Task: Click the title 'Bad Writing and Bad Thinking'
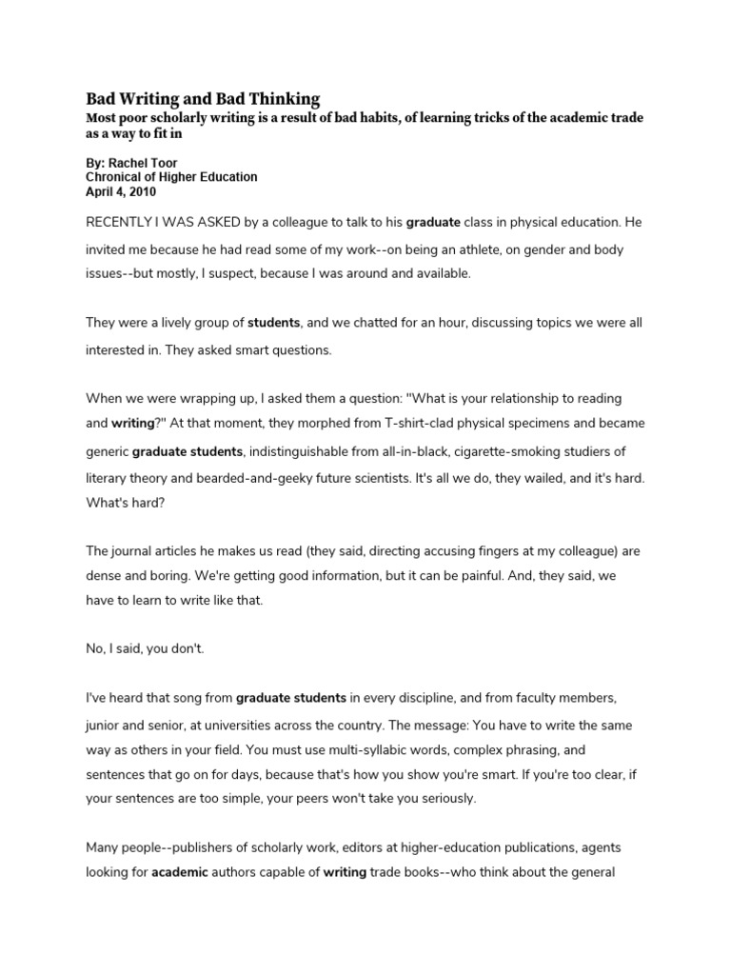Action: [203, 99]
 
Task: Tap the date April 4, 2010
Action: [122, 190]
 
